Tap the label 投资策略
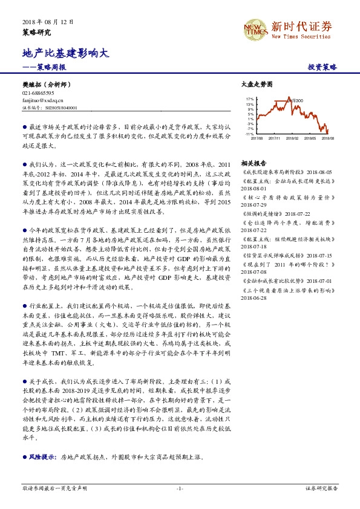click(x=322, y=67)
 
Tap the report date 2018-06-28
click(x=255, y=298)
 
